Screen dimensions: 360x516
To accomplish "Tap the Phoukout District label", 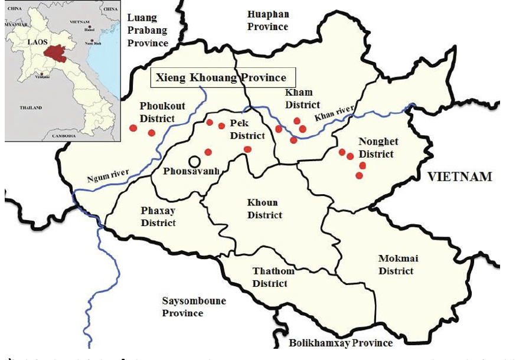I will pyautogui.click(x=162, y=112).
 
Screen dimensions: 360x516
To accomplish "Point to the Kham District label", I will pyautogui.click(x=302, y=99).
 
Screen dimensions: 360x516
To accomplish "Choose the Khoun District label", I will pyautogui.click(x=264, y=209).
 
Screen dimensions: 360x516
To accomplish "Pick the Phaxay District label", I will pyautogui.click(x=158, y=217).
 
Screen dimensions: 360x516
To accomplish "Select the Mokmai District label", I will pyautogui.click(x=396, y=264).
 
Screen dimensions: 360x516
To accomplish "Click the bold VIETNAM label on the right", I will pyautogui.click(x=459, y=176).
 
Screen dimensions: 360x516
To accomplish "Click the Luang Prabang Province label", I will pyautogui.click(x=148, y=31).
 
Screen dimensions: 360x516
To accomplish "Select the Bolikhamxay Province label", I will pyautogui.click(x=340, y=342).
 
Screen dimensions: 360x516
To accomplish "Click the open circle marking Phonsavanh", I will pyautogui.click(x=194, y=161).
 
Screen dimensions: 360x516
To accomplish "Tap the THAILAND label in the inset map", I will pyautogui.click(x=30, y=108).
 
